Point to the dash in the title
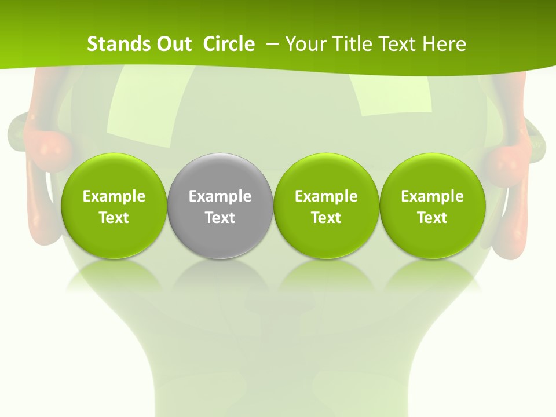point(272,44)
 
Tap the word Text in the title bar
point(398,44)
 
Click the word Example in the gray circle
point(220,196)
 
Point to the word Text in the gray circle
point(220,218)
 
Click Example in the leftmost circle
point(114,196)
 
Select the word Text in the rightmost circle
point(432,218)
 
